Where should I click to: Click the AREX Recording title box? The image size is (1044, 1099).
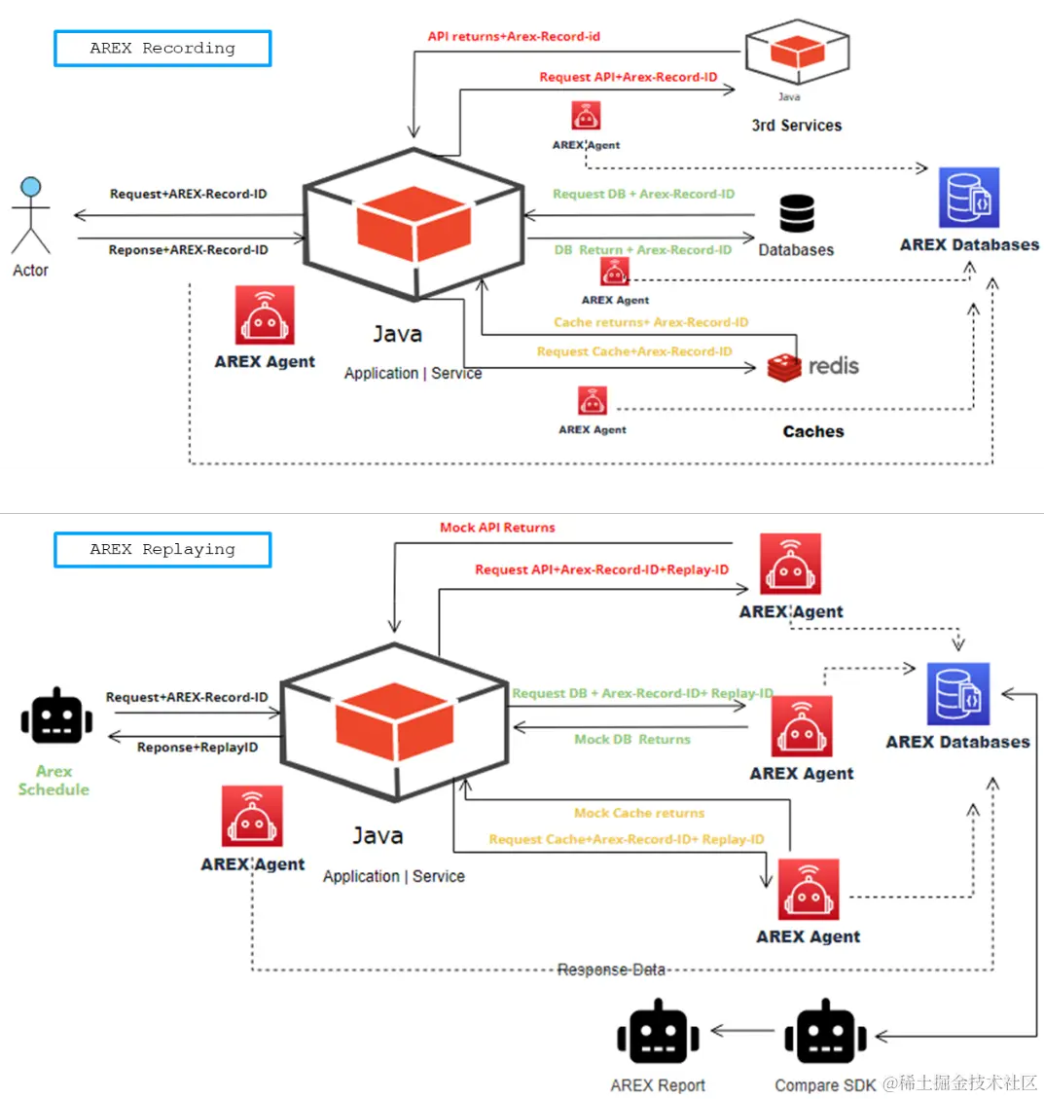coord(162,48)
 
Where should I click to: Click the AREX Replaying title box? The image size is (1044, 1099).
coord(162,549)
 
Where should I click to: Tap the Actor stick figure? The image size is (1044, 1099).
coord(30,216)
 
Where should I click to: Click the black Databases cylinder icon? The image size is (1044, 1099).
coord(797,214)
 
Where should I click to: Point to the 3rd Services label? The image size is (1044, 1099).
coord(796,126)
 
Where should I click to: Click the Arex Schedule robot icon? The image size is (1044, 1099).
coord(56,717)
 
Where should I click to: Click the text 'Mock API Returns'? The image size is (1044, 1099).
coord(497,528)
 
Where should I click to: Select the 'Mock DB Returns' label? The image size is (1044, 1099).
coord(632,740)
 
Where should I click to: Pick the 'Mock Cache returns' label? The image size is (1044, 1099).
coord(639,813)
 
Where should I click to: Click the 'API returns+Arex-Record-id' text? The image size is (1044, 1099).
coord(514,37)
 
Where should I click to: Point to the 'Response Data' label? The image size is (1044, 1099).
coord(611,970)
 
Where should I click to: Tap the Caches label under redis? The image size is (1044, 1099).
coord(813,431)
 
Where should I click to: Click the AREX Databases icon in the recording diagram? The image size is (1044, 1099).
coord(969,198)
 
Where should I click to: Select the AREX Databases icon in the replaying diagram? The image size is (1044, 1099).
coord(958,694)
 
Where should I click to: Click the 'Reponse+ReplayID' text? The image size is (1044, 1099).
coord(198,748)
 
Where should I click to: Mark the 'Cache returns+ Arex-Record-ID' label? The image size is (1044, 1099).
coord(651,322)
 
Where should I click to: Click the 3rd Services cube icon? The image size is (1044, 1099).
coord(797,54)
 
